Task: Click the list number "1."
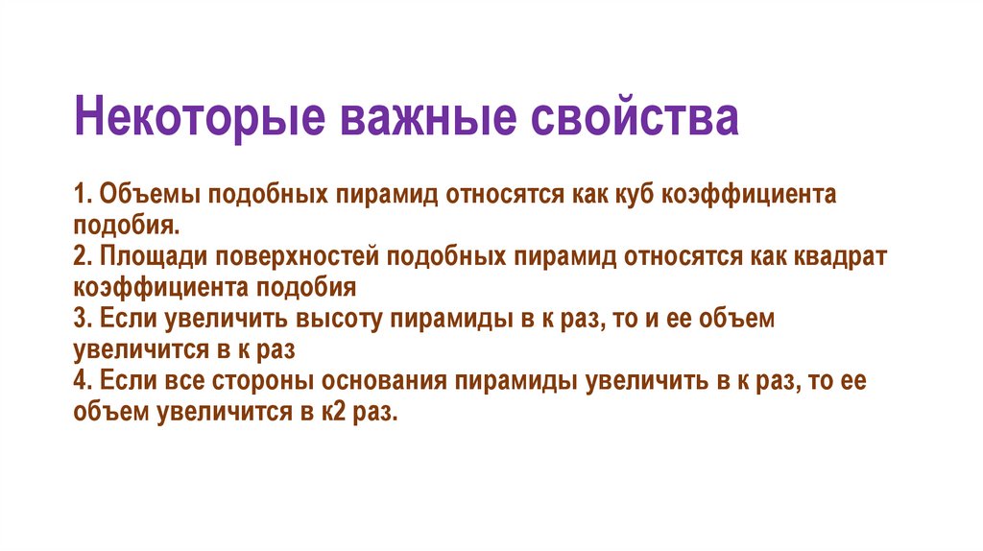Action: click(x=82, y=194)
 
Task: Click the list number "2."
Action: click(x=82, y=256)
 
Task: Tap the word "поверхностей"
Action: click(x=300, y=256)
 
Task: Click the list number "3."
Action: click(x=82, y=320)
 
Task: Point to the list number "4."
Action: click(x=82, y=382)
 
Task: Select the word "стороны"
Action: click(x=259, y=382)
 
